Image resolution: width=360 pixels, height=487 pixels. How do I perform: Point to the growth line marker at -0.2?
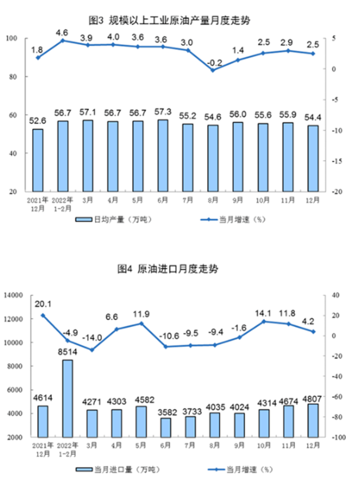[x=213, y=70]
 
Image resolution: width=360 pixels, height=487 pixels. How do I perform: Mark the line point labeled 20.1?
[x=43, y=315]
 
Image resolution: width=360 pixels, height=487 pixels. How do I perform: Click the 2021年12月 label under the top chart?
[x=37, y=203]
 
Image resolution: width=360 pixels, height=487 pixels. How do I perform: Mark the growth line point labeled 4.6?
[x=63, y=40]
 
